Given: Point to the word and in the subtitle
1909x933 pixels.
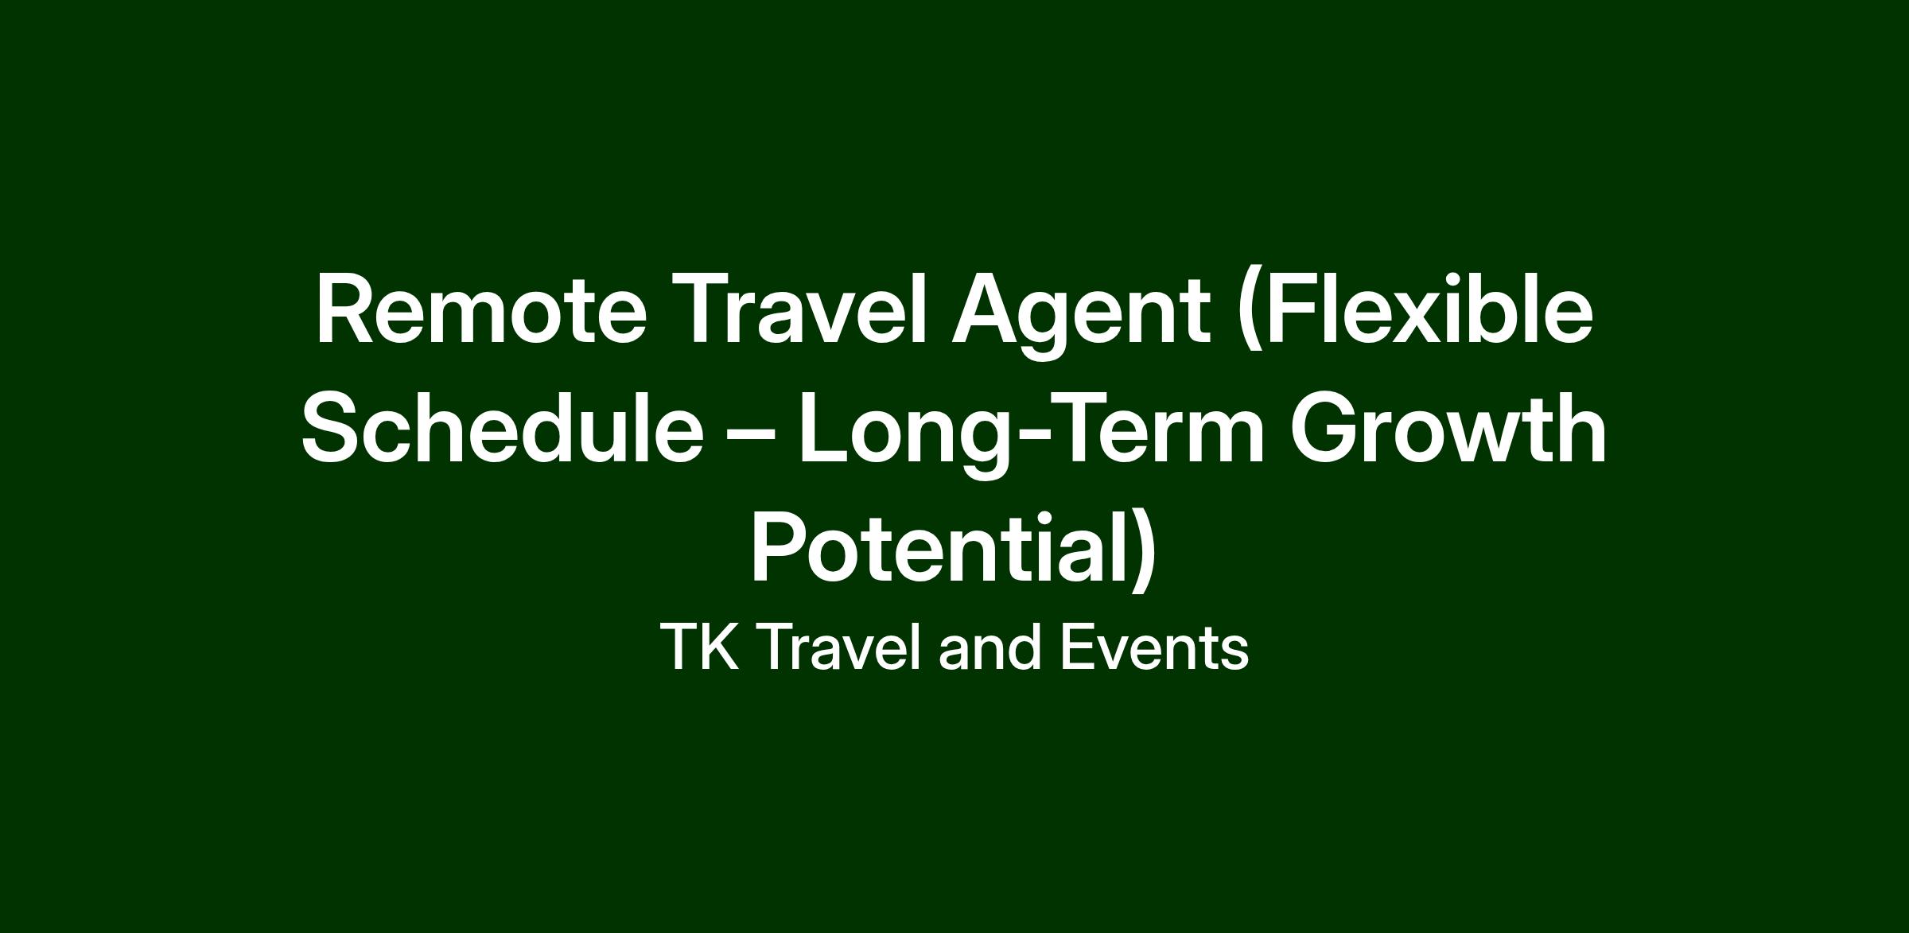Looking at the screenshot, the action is [990, 647].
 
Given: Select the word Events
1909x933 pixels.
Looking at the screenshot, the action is [1154, 647].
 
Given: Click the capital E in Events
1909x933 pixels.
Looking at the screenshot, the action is [1077, 647].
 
